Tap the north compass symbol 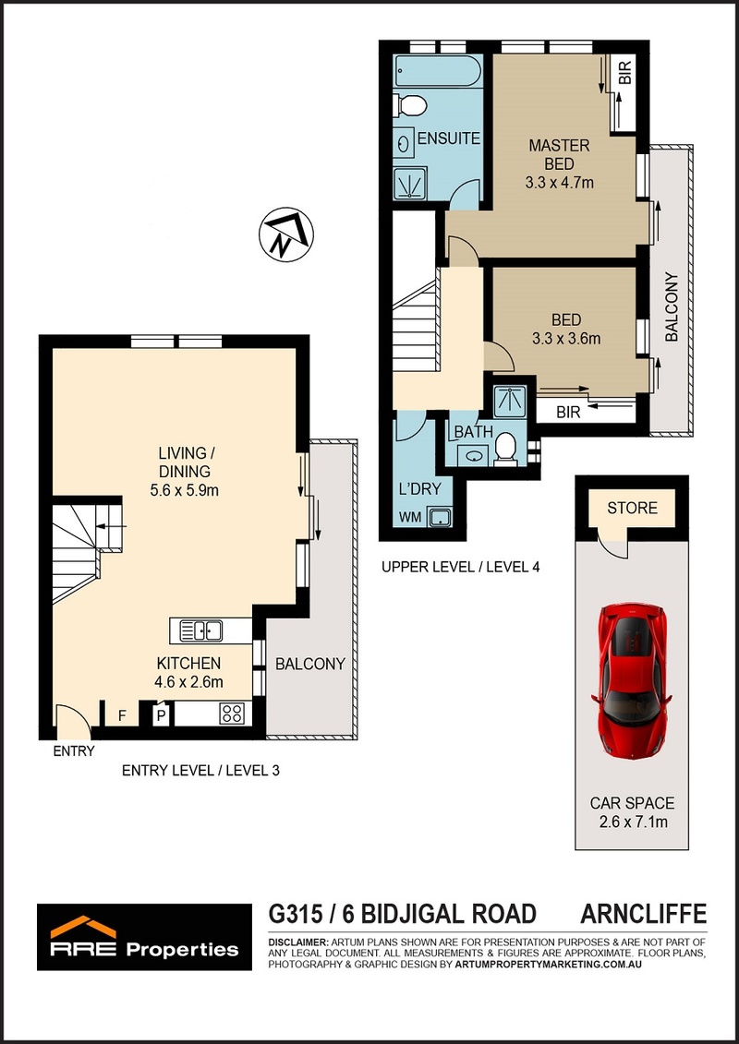point(285,234)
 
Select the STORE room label point(632,509)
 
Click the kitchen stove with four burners point(233,714)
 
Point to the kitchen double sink point(200,630)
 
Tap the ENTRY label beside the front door point(74,752)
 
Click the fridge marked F point(122,716)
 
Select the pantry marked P point(161,716)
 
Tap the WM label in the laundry point(411,517)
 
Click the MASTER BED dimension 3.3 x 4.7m point(559,182)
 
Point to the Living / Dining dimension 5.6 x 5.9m point(185,491)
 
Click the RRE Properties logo point(145,937)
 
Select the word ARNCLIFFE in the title point(643,914)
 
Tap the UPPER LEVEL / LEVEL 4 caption point(460,568)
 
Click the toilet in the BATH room point(507,449)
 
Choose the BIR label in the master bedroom point(625,72)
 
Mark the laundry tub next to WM point(439,517)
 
